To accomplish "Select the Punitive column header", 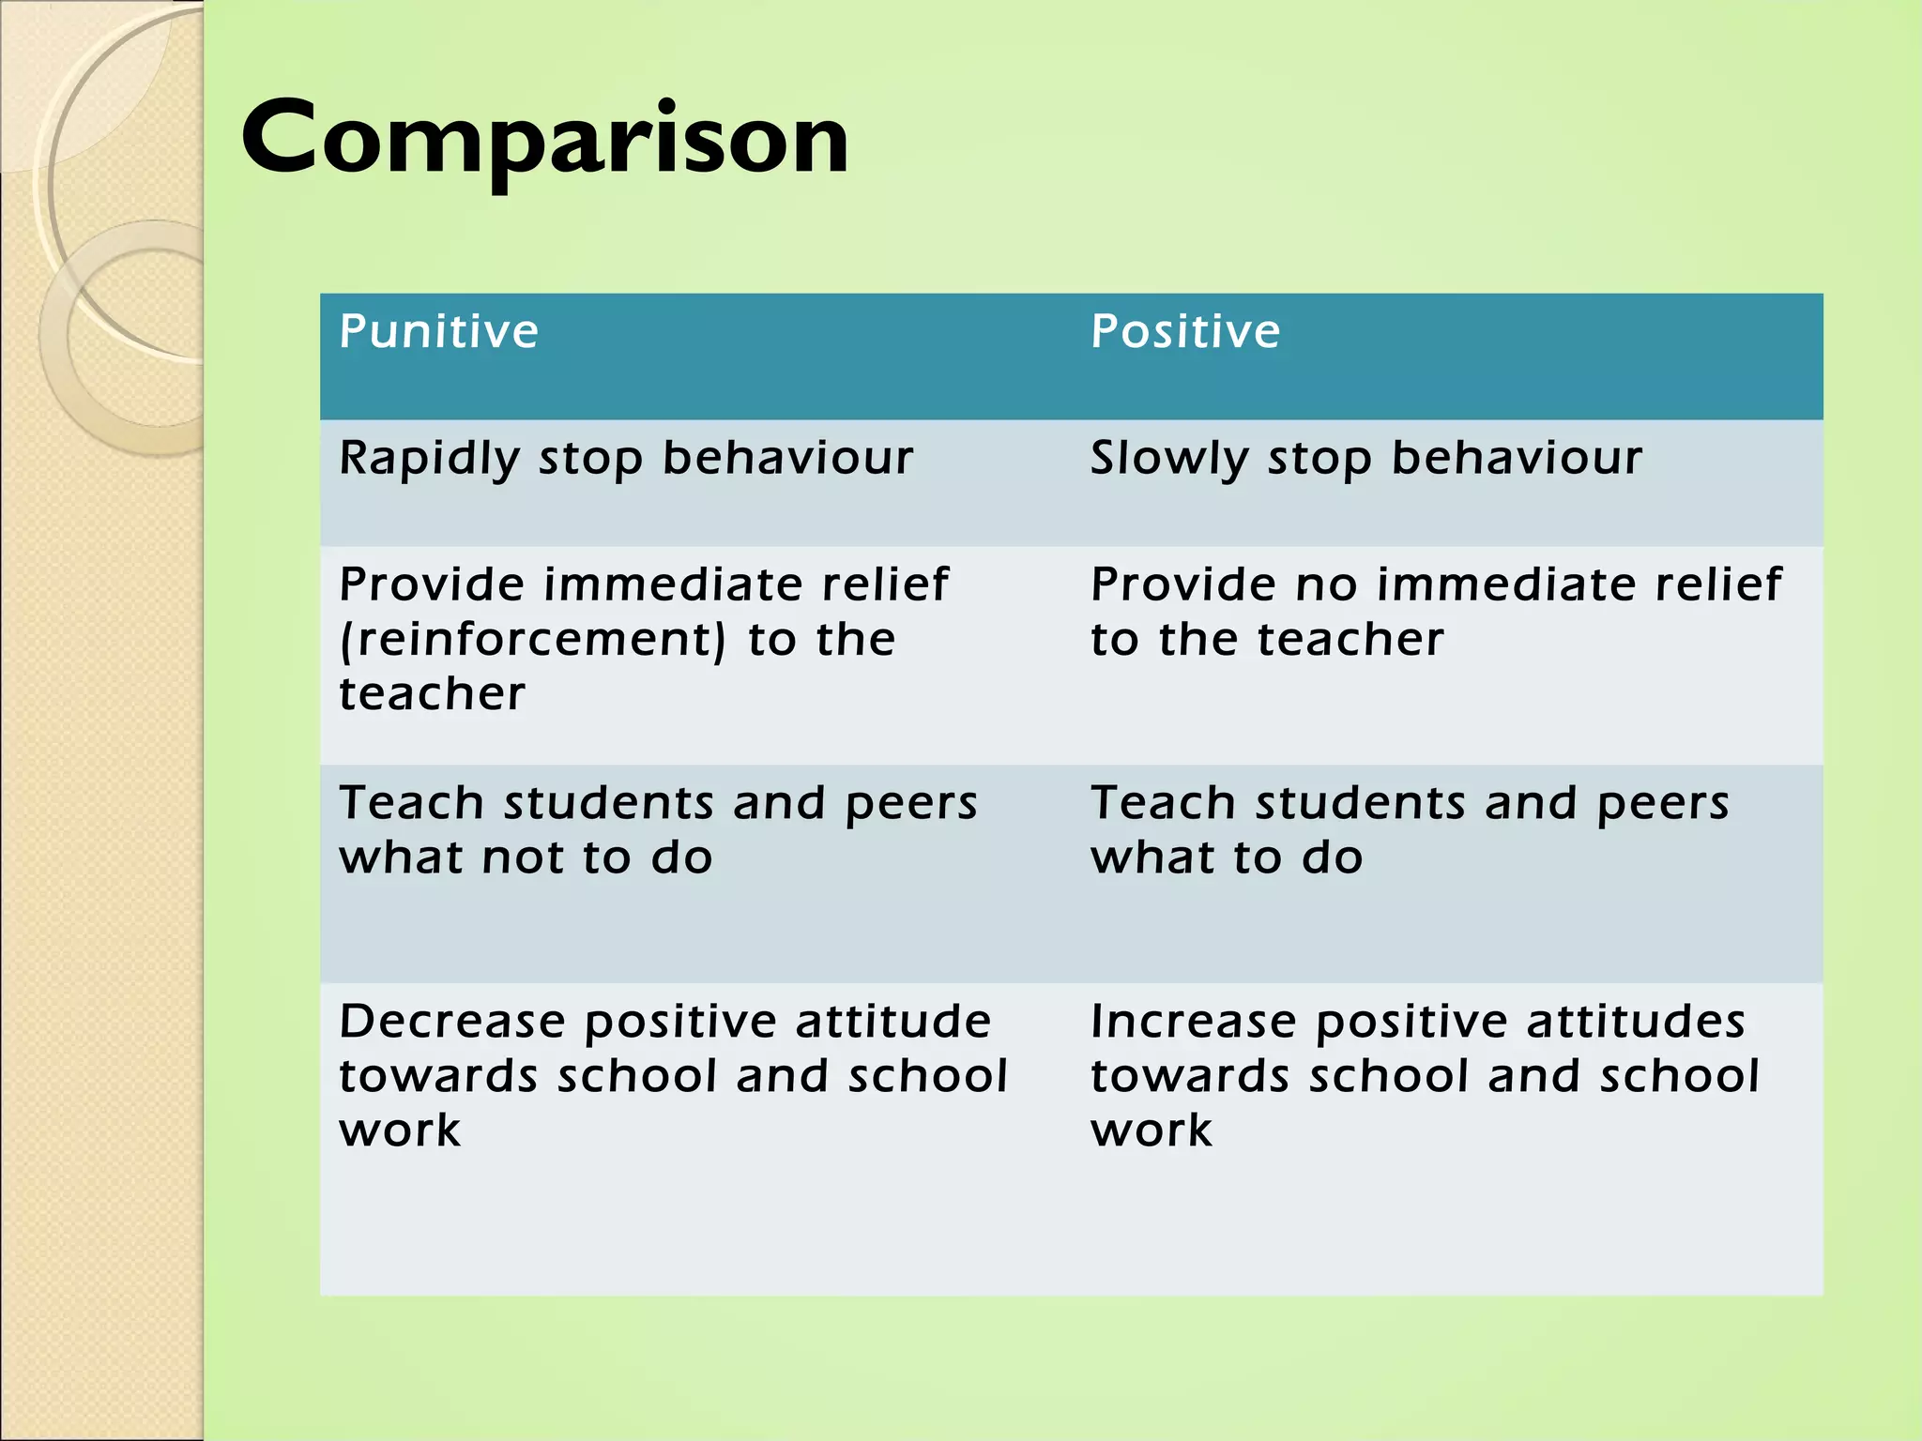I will tap(438, 332).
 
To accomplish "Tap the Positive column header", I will tap(1185, 332).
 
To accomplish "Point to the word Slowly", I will tap(1168, 460).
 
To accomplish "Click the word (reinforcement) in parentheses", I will tap(532, 641).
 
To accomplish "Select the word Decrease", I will tap(451, 1022).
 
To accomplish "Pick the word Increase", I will tap(1193, 1022).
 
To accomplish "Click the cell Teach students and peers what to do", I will tap(1408, 830).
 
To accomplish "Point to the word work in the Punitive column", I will tap(400, 1130).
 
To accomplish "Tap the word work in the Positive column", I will tap(1152, 1130).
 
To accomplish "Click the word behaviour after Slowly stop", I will tap(1517, 460).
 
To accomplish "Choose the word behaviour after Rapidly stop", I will tap(787, 460).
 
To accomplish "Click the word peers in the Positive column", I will tap(1662, 805).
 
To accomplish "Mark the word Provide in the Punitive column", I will tap(433, 585).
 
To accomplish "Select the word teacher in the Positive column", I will tap(1350, 641).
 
